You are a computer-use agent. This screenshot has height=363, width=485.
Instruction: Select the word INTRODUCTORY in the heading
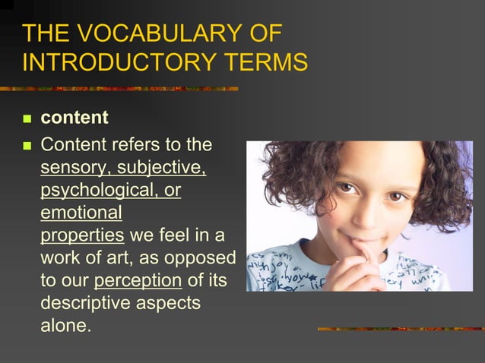pyautogui.click(x=109, y=62)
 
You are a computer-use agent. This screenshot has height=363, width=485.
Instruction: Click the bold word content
pyautogui.click(x=74, y=118)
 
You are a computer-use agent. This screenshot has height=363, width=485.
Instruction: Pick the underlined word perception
pyautogui.click(x=138, y=280)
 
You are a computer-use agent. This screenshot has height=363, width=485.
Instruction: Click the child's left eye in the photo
pyautogui.click(x=396, y=196)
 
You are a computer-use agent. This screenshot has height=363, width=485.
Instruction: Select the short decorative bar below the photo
pyautogui.click(x=399, y=329)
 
